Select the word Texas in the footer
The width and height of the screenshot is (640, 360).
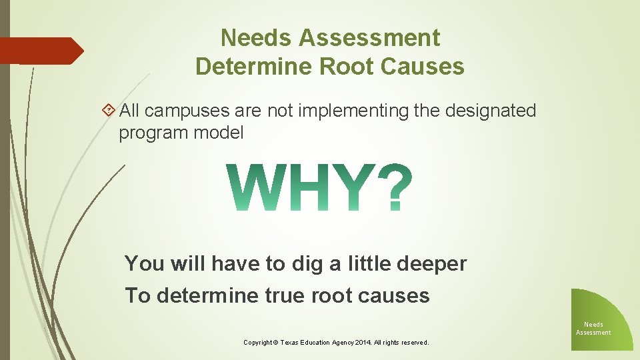pyautogui.click(x=291, y=343)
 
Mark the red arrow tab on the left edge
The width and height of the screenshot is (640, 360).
pyautogui.click(x=40, y=51)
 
